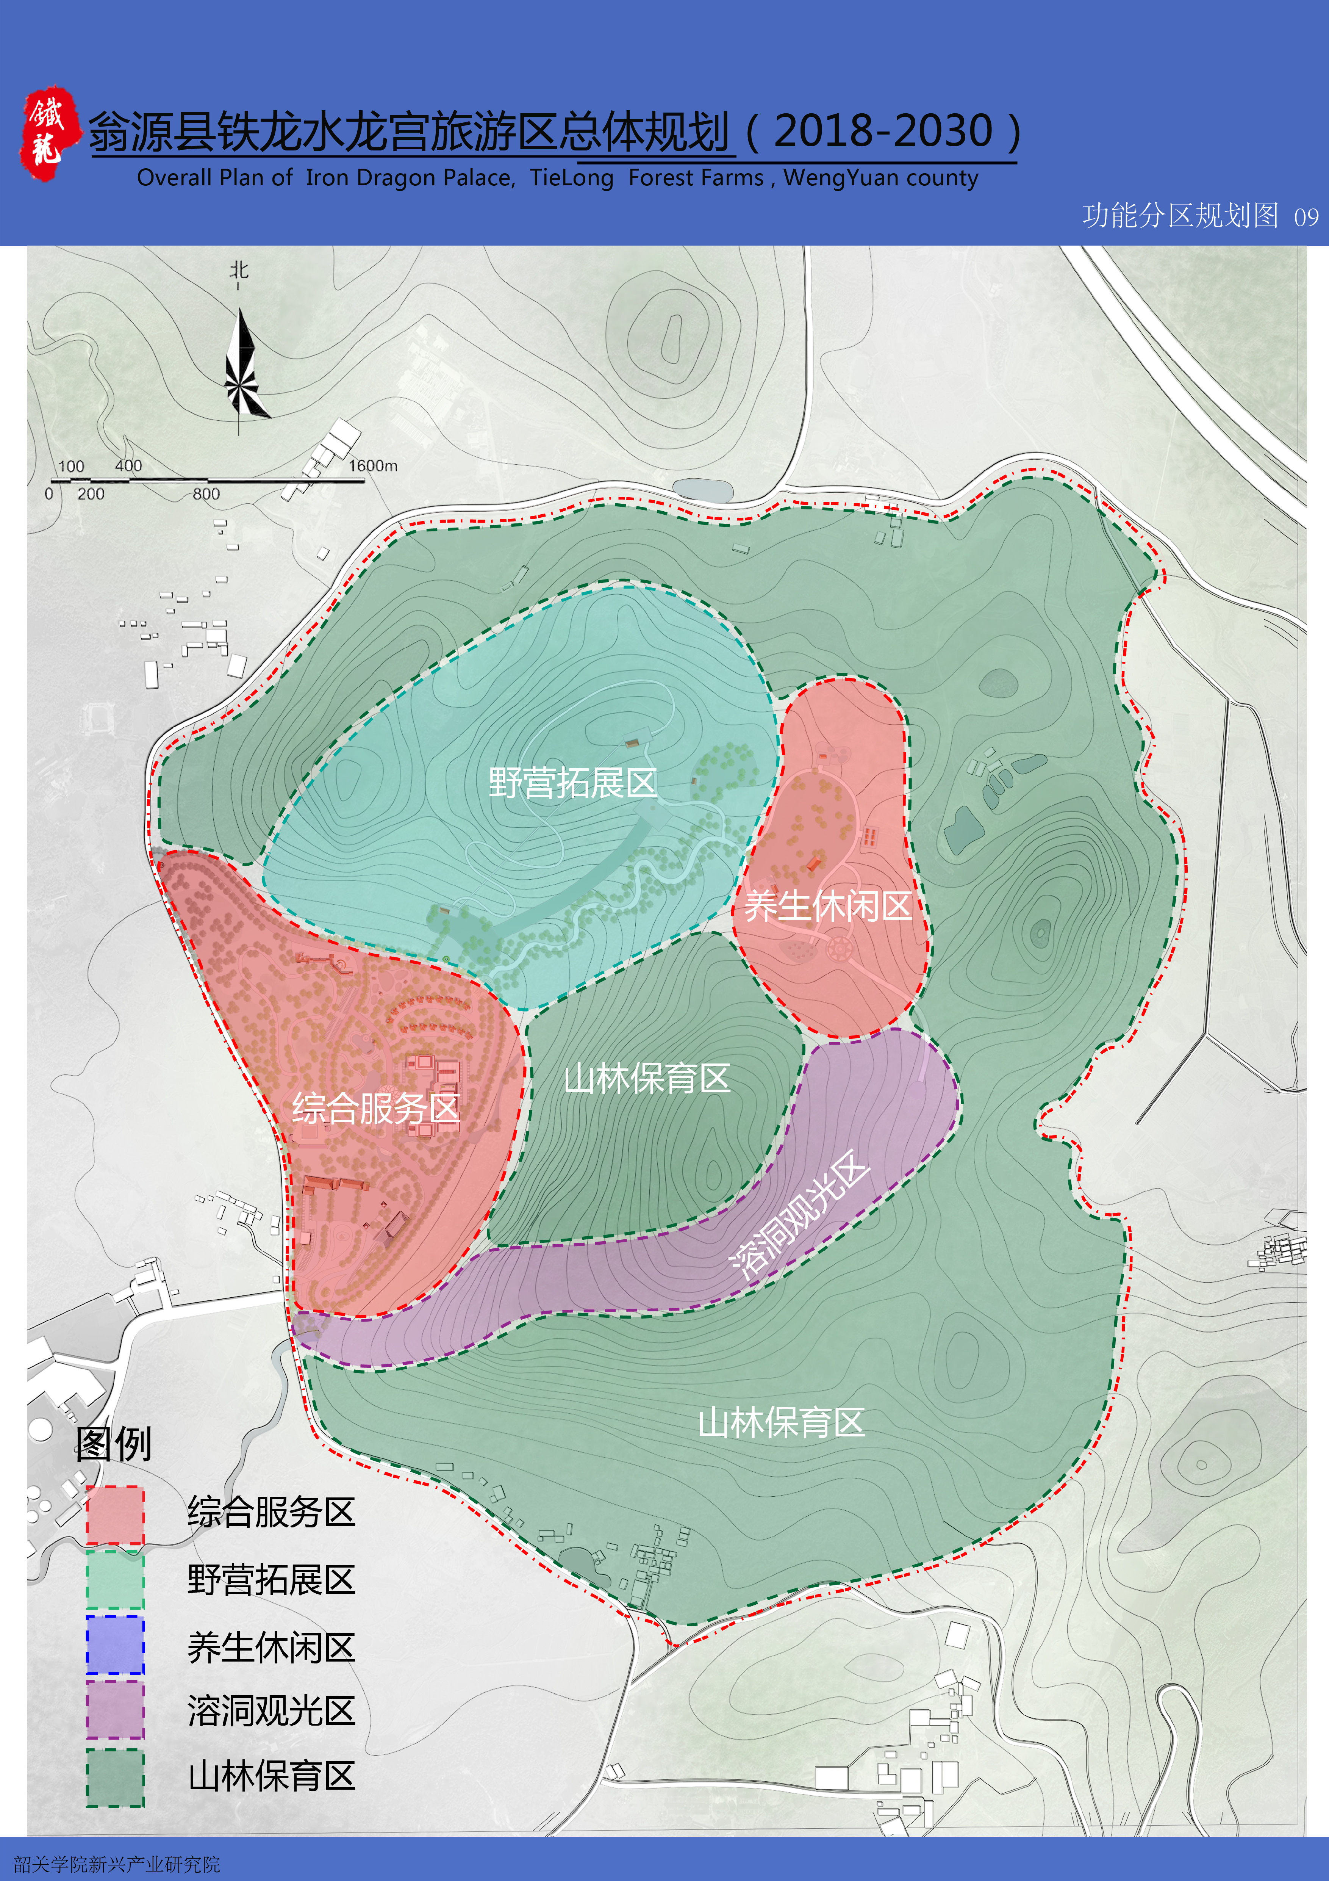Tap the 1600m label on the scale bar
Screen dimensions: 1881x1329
pos(372,465)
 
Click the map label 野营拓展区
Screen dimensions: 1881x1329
pos(572,782)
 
